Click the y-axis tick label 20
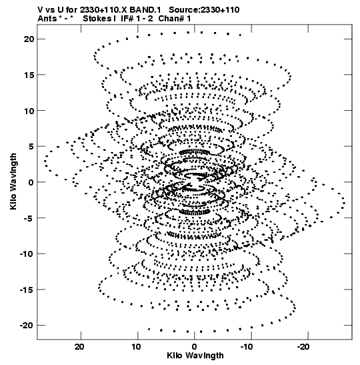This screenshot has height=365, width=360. (29, 39)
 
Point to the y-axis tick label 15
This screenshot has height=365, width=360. (29, 75)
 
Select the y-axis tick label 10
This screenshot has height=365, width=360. (29, 111)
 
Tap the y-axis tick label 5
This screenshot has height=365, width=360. (31, 147)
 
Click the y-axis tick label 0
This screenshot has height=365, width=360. (31, 182)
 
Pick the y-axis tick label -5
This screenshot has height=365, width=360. (29, 218)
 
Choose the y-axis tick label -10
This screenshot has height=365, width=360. (27, 254)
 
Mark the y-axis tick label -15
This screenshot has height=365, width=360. (27, 290)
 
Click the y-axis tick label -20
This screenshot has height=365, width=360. (27, 326)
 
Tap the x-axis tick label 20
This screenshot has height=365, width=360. (79, 347)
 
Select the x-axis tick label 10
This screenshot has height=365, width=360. (136, 347)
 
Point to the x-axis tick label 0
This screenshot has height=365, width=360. (194, 347)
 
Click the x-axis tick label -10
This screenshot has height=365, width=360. (247, 347)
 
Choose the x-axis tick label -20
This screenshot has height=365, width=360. (303, 347)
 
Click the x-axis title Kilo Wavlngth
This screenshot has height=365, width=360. (195, 356)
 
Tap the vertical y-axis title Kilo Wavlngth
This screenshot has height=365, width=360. (13, 181)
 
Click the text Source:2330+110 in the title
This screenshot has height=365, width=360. (204, 10)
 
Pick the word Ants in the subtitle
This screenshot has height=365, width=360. (47, 19)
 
